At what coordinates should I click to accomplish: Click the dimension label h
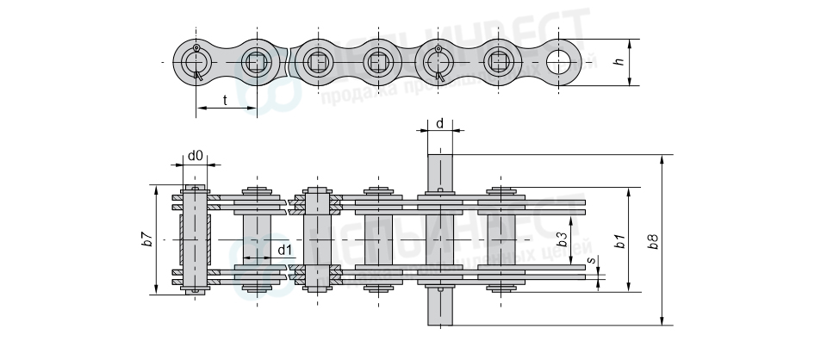(617, 62)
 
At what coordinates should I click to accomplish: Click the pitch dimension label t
(225, 100)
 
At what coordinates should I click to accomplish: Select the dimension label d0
(195, 156)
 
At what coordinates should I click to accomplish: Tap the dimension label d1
(283, 251)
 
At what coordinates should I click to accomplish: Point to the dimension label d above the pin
(439, 123)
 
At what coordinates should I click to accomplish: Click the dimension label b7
(147, 240)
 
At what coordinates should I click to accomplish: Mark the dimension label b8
(654, 240)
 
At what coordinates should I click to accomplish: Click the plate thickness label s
(591, 259)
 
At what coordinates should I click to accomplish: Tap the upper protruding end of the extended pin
(439, 169)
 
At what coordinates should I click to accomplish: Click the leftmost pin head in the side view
(196, 61)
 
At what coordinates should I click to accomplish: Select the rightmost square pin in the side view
(499, 61)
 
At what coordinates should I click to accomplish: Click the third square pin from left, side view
(377, 61)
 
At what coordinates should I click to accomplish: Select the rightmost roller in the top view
(501, 239)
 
